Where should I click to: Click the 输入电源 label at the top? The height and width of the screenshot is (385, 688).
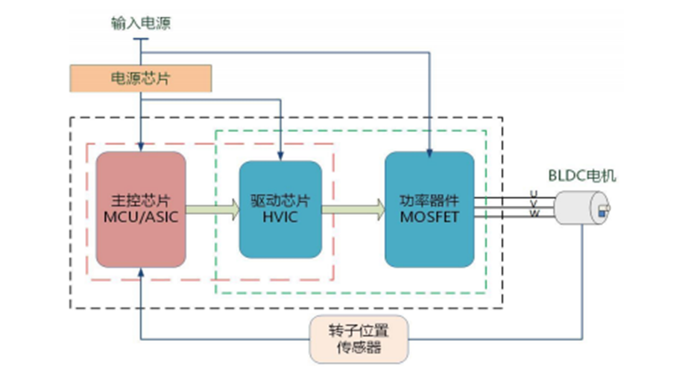[140, 23]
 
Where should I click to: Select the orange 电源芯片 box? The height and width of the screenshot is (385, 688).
[140, 78]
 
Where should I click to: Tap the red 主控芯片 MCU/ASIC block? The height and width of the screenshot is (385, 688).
[141, 210]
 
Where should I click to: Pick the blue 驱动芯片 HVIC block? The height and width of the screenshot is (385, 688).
[280, 210]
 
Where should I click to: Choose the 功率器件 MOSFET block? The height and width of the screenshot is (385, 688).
[429, 210]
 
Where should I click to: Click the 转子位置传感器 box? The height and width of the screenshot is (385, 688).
[359, 339]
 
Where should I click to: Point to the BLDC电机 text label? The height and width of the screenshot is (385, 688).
[582, 175]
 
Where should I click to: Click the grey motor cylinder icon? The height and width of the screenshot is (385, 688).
[582, 207]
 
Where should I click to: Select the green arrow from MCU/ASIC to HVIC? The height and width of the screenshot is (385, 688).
[212, 210]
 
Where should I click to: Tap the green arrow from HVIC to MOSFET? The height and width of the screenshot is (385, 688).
[353, 210]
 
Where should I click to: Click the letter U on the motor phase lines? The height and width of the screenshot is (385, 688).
[534, 193]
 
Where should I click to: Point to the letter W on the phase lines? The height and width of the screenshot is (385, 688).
[534, 214]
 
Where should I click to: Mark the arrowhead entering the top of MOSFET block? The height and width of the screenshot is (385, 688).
[429, 153]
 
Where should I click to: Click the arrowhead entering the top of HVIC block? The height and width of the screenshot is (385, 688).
[280, 156]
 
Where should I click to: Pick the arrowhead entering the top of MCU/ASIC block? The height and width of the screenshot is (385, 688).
[141, 148]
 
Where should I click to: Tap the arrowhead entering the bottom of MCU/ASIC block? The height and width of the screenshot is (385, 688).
[141, 272]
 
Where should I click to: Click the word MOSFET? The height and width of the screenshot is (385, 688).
[429, 217]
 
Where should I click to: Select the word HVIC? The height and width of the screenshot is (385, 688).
[280, 217]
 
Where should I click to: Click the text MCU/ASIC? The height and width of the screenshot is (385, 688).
[141, 217]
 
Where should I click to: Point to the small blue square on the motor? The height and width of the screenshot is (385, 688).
[602, 213]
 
